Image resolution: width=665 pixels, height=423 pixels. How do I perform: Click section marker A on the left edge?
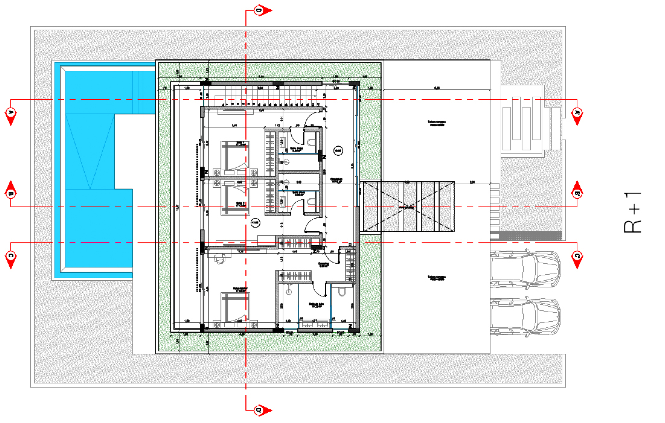pos(11,113)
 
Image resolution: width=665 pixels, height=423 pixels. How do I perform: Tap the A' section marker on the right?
pos(577,113)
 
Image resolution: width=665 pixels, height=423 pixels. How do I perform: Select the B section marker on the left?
pos(11,193)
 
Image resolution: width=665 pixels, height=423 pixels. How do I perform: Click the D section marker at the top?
pos(259,11)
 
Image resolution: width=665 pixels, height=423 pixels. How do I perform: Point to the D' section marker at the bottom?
pos(259,410)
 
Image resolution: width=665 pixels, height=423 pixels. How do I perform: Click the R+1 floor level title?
pos(633,213)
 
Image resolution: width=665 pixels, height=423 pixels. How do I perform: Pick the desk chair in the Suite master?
pos(220,258)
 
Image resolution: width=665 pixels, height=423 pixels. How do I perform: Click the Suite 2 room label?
pos(241,204)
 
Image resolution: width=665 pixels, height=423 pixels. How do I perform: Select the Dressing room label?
pos(323,265)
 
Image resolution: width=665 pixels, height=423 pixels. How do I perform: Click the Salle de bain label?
pos(316,305)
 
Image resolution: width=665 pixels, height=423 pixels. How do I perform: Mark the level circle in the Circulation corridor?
pos(338,151)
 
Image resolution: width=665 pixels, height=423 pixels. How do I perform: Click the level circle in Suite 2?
pos(255,223)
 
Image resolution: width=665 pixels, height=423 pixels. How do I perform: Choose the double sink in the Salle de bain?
pos(315,324)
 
